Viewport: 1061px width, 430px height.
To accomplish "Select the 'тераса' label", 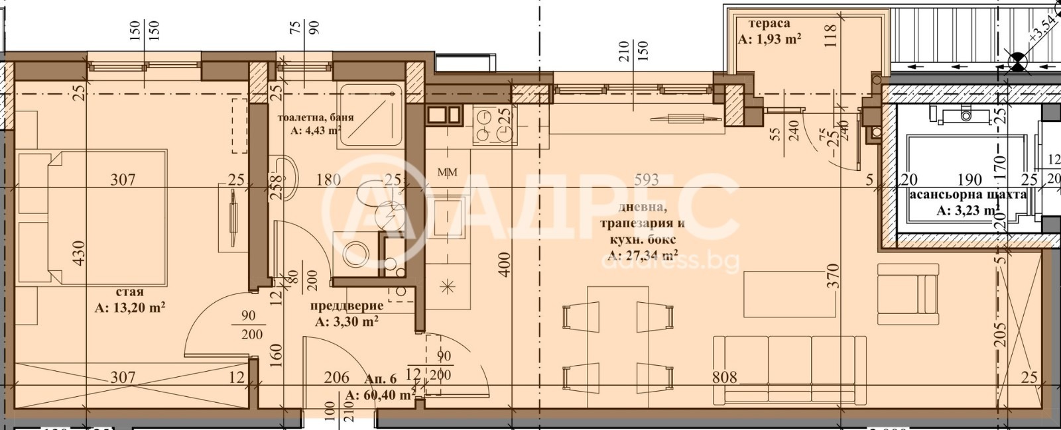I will (765, 23).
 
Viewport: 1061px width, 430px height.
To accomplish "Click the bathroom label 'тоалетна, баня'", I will (316, 117).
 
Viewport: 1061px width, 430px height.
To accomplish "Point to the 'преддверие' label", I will (347, 306).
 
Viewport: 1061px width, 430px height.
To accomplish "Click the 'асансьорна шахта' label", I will (967, 195).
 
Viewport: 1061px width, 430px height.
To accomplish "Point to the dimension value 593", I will (647, 180).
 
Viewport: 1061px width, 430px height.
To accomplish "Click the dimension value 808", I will (724, 377).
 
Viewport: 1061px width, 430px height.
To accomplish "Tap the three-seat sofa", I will (789, 369).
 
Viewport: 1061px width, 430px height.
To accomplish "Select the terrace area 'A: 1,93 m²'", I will (769, 38).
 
